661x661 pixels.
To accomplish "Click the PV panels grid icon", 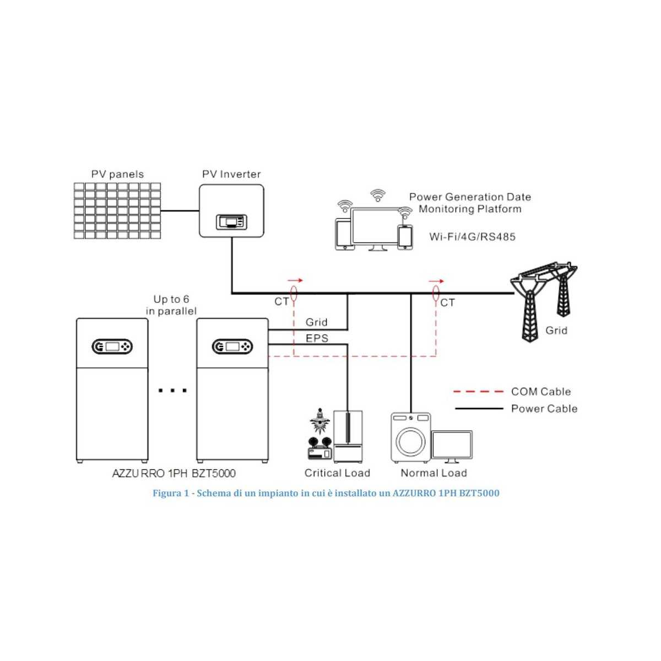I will click(x=117, y=211).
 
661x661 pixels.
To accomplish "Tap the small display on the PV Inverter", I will click(x=231, y=222).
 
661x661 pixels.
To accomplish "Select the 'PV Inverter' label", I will click(x=231, y=174).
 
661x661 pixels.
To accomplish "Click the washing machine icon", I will click(x=410, y=437).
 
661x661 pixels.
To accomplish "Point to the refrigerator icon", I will click(x=348, y=436).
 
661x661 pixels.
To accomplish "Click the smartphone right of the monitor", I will click(x=405, y=237).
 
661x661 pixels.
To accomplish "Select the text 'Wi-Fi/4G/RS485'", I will click(x=473, y=237).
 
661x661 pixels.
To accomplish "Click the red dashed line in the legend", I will click(x=478, y=392).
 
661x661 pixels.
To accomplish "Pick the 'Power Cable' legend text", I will click(x=544, y=409).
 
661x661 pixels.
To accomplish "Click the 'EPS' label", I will click(x=317, y=338).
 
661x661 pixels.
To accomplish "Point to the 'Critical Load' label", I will click(x=337, y=473).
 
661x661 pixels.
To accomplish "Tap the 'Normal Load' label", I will click(x=434, y=473).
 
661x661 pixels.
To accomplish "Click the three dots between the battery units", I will click(x=172, y=391).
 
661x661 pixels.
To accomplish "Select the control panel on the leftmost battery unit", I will click(x=112, y=346).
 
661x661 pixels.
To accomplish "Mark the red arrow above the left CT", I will click(x=295, y=280).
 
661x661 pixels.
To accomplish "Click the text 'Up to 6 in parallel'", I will click(x=171, y=305).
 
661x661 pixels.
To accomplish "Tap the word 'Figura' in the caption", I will click(x=167, y=493).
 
